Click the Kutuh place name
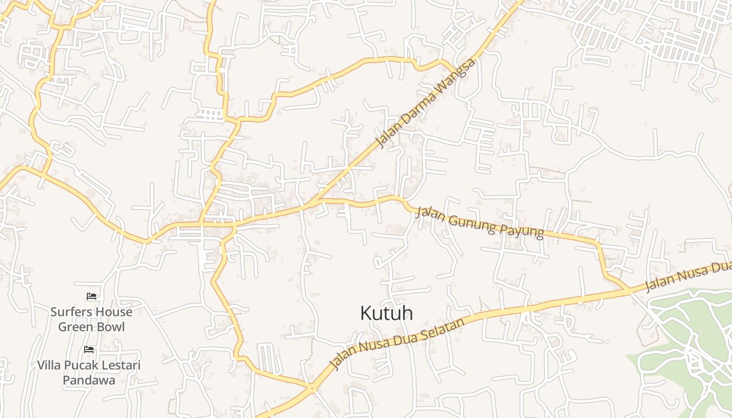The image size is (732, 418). click(386, 313)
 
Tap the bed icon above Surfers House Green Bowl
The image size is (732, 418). click(92, 296)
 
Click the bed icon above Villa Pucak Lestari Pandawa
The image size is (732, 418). click(89, 349)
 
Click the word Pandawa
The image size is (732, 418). click(89, 380)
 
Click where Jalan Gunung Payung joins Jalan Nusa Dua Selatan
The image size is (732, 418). click(629, 289)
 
